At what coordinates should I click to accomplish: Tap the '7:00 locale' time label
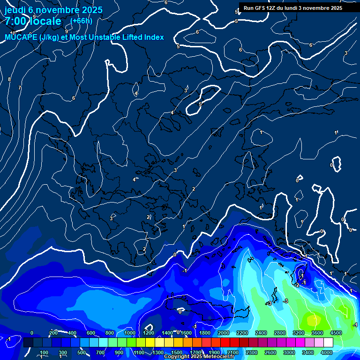33,21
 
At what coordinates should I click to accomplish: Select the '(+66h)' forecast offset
81,21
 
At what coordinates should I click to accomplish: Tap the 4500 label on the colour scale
336,333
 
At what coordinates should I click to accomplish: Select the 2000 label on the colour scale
224,333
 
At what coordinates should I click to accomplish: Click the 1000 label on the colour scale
129,333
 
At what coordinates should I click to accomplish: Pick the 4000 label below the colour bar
327,352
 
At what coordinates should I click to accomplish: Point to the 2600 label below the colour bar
270,352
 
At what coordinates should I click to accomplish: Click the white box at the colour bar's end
328,343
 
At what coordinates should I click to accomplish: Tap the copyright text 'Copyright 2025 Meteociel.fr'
199,357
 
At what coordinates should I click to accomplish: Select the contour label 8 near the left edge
9,79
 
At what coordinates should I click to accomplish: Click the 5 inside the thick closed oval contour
200,104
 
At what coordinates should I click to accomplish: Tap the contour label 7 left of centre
20,88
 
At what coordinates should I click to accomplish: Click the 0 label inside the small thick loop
331,165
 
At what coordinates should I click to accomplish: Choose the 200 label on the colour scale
53,333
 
